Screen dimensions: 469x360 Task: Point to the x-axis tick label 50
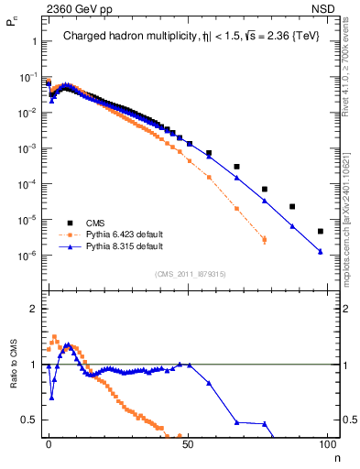[188, 442]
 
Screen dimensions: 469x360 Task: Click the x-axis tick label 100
[326, 442]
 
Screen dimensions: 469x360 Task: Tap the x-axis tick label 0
[49, 442]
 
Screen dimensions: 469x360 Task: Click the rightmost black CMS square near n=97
[320, 231]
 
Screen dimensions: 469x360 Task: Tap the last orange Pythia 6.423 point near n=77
[265, 240]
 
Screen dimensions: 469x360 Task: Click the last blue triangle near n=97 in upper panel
[320, 251]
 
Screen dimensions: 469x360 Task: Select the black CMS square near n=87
[292, 207]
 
